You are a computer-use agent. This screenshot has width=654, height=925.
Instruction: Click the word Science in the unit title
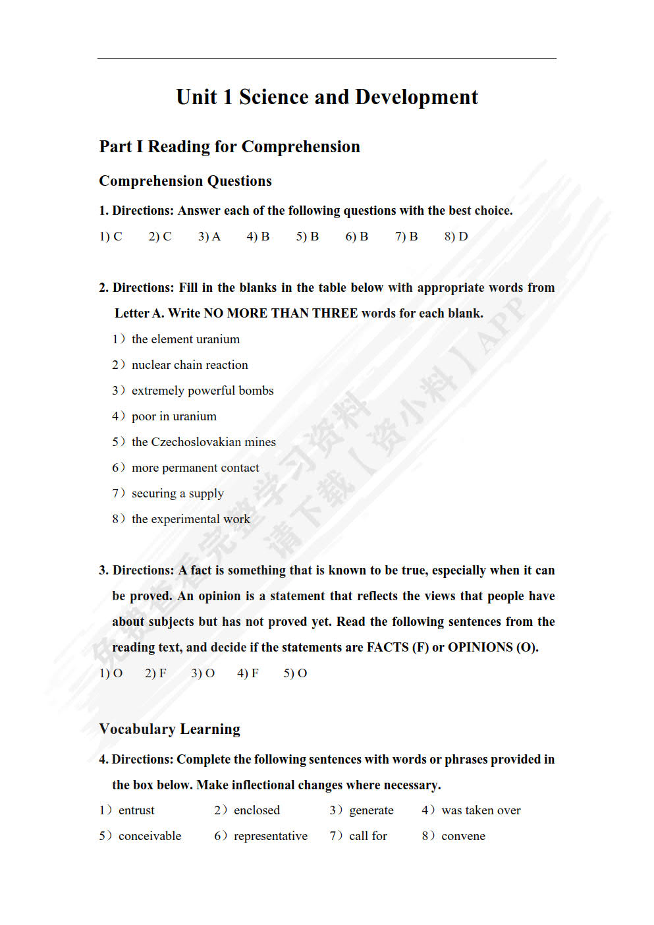click(273, 98)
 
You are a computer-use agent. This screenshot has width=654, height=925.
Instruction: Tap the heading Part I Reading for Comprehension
click(229, 146)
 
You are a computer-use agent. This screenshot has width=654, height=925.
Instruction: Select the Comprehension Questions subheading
click(185, 181)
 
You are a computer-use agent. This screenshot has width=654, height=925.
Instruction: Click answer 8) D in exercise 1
click(456, 237)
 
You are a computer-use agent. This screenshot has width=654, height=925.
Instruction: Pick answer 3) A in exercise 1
click(209, 237)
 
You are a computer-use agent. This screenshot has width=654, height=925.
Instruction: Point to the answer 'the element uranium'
click(185, 339)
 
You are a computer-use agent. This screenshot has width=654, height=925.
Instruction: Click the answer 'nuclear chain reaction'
click(190, 365)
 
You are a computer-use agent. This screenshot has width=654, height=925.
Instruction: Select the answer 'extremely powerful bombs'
click(202, 391)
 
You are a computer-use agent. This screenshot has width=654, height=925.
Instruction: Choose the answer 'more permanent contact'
click(195, 468)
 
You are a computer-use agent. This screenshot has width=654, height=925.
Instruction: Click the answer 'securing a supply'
click(177, 493)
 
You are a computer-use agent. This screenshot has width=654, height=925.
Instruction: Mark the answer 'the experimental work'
click(190, 519)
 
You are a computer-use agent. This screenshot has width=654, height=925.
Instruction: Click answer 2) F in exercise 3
click(155, 673)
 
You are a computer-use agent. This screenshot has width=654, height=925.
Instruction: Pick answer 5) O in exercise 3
click(295, 673)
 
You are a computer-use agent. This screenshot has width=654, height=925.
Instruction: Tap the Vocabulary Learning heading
click(169, 729)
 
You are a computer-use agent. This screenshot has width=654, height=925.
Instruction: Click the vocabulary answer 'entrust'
click(136, 810)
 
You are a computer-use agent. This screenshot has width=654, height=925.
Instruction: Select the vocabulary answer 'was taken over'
click(481, 810)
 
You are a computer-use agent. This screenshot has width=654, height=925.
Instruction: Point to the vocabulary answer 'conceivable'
click(150, 836)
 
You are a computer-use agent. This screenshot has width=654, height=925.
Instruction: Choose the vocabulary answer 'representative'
click(270, 836)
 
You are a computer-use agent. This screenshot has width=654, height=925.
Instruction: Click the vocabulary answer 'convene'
click(463, 836)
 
